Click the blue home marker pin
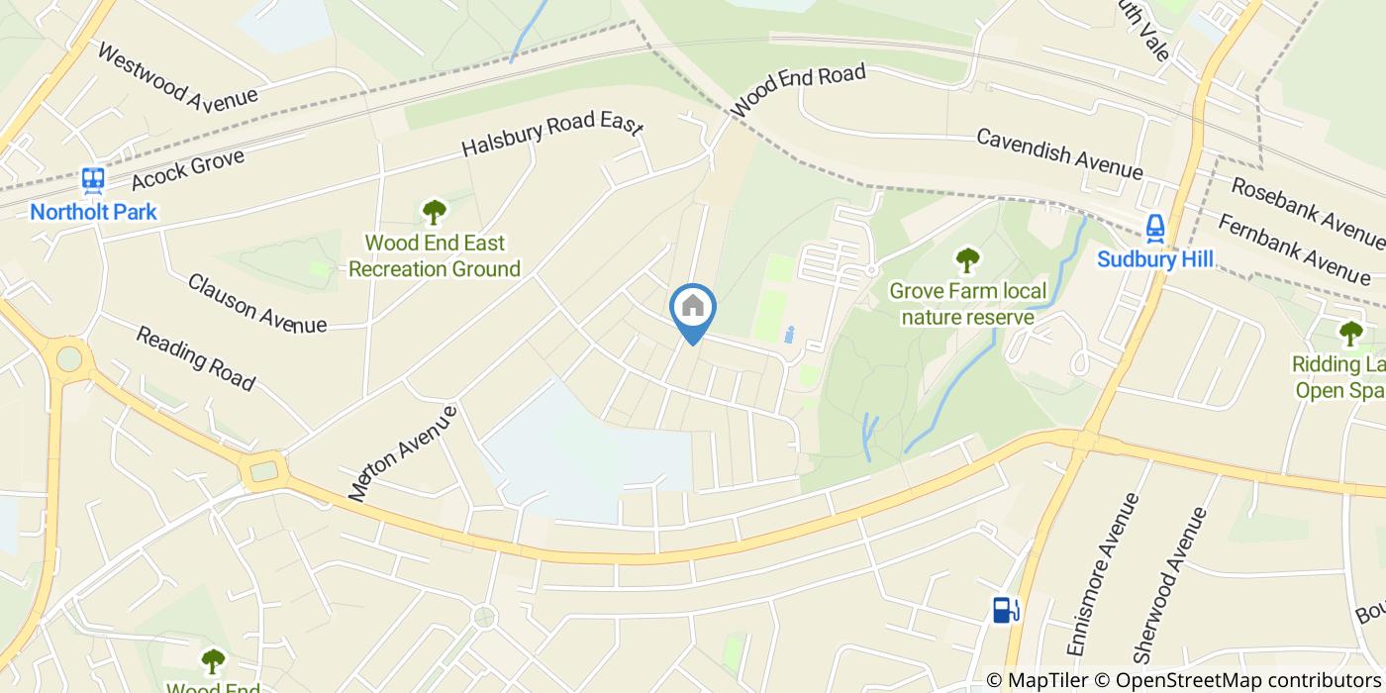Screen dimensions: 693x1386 point(693,309)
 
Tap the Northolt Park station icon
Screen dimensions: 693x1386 point(94,180)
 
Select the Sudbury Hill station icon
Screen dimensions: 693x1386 point(1154,229)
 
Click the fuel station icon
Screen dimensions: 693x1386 point(1005,610)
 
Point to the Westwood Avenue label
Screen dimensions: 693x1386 point(177,76)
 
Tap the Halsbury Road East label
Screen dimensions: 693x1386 point(552,137)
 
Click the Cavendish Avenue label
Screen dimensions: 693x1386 point(1059,152)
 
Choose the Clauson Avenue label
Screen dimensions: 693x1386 point(257,303)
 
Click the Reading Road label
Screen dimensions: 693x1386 point(195,358)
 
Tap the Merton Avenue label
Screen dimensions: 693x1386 point(403,451)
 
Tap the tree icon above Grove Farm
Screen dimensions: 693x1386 point(967,260)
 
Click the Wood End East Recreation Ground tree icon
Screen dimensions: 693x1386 point(434,212)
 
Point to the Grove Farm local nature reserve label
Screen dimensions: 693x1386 point(967,303)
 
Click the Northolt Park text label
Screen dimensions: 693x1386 point(93,212)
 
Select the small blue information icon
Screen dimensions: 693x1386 point(789,335)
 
